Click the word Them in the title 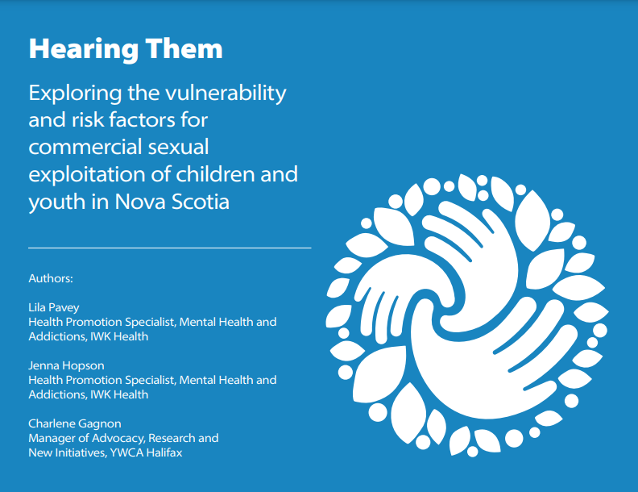tap(184, 50)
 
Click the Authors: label tap(51, 278)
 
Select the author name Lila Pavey tap(55, 307)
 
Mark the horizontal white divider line tap(169, 248)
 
